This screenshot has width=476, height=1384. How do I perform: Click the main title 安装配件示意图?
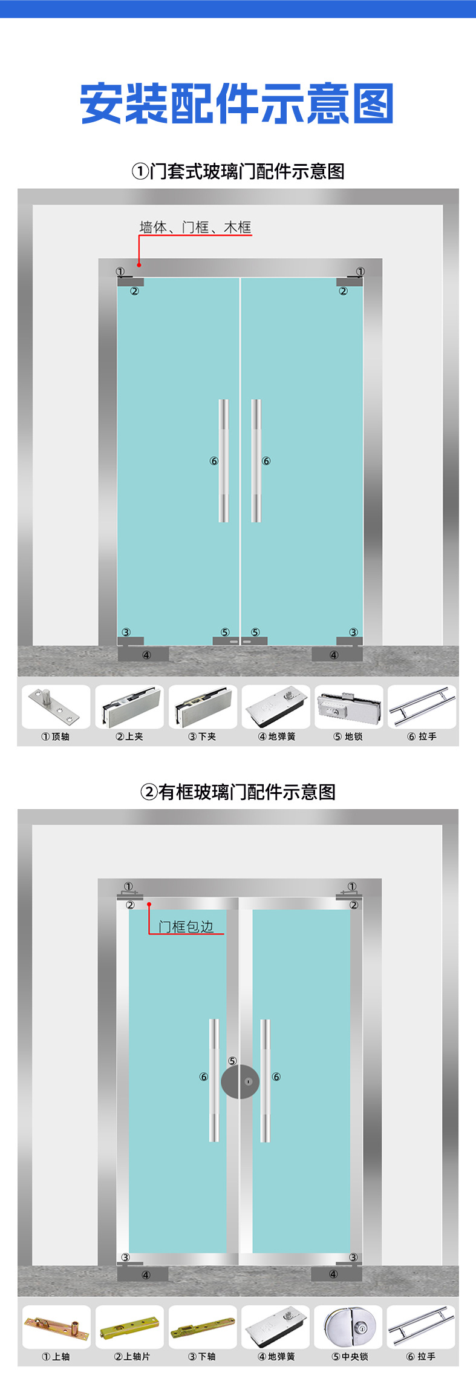[237, 104]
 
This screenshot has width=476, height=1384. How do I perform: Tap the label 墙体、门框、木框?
[195, 228]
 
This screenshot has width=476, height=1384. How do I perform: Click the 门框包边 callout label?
[186, 926]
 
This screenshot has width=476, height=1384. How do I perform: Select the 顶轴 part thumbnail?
[56, 707]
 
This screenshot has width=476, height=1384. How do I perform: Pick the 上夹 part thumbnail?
[129, 707]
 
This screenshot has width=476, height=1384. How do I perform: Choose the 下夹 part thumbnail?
[203, 707]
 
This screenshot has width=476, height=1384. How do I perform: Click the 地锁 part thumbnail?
[349, 707]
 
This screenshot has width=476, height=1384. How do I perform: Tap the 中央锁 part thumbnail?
[348, 1327]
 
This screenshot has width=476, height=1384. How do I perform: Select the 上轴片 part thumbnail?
[129, 1327]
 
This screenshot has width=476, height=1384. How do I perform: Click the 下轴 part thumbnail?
[203, 1327]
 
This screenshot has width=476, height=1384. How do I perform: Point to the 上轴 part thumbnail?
[56, 1327]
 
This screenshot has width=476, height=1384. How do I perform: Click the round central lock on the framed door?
[240, 1082]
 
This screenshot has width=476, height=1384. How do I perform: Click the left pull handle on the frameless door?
[224, 461]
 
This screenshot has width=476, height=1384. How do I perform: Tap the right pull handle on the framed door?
[266, 1080]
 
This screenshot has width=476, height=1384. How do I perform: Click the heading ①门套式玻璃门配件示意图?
[238, 171]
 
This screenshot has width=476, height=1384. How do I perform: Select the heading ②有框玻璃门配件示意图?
[238, 792]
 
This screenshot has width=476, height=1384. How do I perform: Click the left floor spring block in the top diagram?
[143, 654]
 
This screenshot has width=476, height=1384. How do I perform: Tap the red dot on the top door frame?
[139, 264]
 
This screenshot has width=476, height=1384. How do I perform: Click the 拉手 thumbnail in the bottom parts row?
[421, 1327]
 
